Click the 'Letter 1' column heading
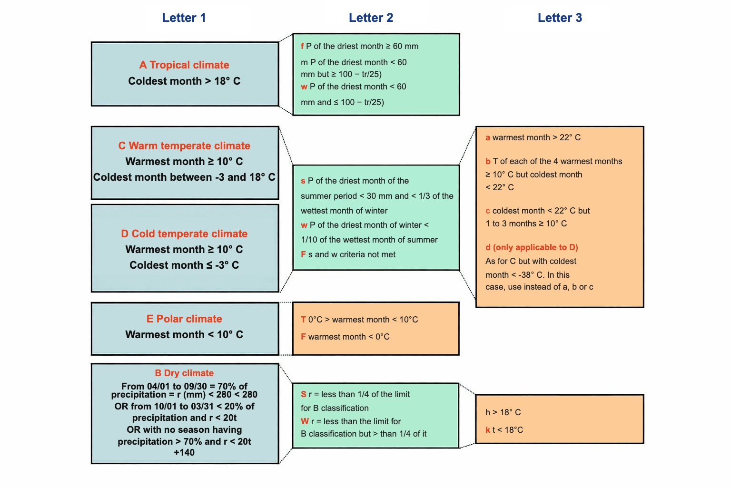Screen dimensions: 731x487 [184, 18]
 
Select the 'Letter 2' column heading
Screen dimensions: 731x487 [371, 18]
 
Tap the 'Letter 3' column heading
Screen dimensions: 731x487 [560, 18]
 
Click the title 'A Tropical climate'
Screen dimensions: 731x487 [184, 65]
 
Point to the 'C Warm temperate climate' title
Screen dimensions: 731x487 [184, 146]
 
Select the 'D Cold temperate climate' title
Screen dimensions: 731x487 [184, 234]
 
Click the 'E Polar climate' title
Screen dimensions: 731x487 [184, 319]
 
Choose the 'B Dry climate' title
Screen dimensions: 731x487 [184, 373]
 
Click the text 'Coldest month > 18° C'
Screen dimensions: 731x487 [184, 81]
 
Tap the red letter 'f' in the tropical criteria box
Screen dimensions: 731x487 [302, 46]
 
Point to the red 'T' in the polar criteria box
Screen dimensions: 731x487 [303, 320]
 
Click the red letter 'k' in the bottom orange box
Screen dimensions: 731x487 [487, 429]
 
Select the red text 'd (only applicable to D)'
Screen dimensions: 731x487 [532, 247]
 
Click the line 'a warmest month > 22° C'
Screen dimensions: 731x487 [533, 137]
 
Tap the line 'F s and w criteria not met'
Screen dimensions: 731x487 [348, 254]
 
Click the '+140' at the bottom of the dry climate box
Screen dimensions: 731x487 [184, 452]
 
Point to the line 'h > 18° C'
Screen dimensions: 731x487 [503, 412]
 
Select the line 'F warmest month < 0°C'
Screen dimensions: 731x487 [345, 337]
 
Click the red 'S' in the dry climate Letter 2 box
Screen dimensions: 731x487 [304, 394]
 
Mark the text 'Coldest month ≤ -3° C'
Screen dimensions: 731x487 [184, 265]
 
